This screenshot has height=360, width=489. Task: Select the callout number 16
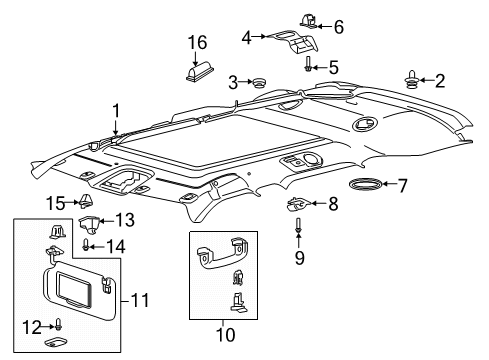point(199,42)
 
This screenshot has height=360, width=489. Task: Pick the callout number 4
point(247,36)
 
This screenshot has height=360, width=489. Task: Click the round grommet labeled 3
point(260,82)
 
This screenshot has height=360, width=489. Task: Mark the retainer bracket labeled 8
point(296,205)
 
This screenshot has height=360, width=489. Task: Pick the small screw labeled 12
point(59,324)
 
